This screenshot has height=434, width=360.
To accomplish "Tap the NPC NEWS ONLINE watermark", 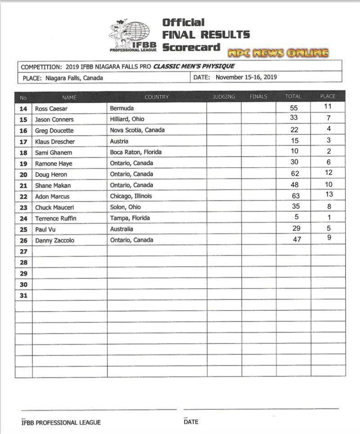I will (x=278, y=53).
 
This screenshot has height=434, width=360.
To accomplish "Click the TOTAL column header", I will (x=293, y=97).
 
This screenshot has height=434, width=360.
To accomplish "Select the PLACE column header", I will (x=328, y=97).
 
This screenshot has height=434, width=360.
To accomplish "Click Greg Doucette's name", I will (x=54, y=130).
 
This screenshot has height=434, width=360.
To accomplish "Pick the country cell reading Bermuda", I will (x=122, y=108).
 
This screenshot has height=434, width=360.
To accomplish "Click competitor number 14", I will (x=23, y=109).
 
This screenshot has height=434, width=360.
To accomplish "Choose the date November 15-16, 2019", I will (x=246, y=77).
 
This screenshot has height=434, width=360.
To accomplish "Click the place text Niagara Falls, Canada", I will (x=74, y=78).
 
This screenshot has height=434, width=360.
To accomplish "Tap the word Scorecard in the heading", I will (x=191, y=47).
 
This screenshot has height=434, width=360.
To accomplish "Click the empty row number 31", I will (x=23, y=295).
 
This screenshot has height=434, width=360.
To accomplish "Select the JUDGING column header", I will (x=224, y=97).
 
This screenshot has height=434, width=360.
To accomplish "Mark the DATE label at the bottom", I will (x=191, y=422).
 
